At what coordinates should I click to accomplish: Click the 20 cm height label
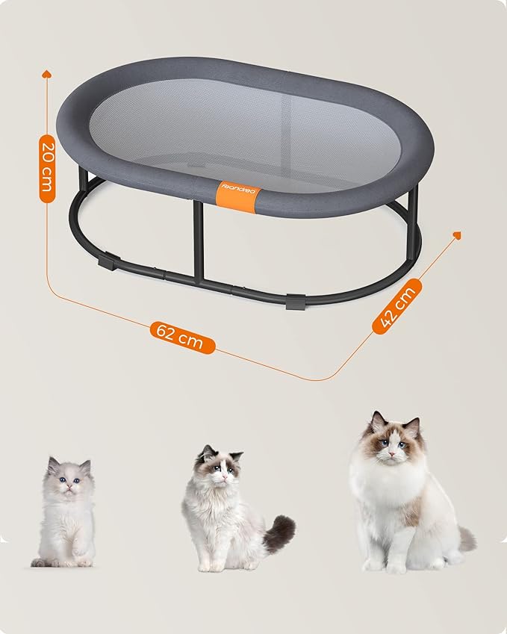(x=47, y=169)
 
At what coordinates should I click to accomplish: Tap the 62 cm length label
(x=182, y=338)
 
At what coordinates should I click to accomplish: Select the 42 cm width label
(x=397, y=306)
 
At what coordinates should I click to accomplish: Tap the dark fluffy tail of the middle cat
(x=280, y=533)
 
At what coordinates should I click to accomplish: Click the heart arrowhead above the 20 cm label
(x=47, y=74)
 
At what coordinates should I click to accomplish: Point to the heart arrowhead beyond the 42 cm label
(x=457, y=235)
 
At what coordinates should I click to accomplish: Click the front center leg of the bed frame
(x=198, y=241)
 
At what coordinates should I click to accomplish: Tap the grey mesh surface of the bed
(x=245, y=134)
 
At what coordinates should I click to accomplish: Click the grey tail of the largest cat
(x=467, y=538)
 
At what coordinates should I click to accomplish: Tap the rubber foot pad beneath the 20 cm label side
(x=108, y=261)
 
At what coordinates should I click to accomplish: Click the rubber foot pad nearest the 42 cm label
(x=295, y=302)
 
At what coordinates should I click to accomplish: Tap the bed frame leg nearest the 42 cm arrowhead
(x=413, y=223)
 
